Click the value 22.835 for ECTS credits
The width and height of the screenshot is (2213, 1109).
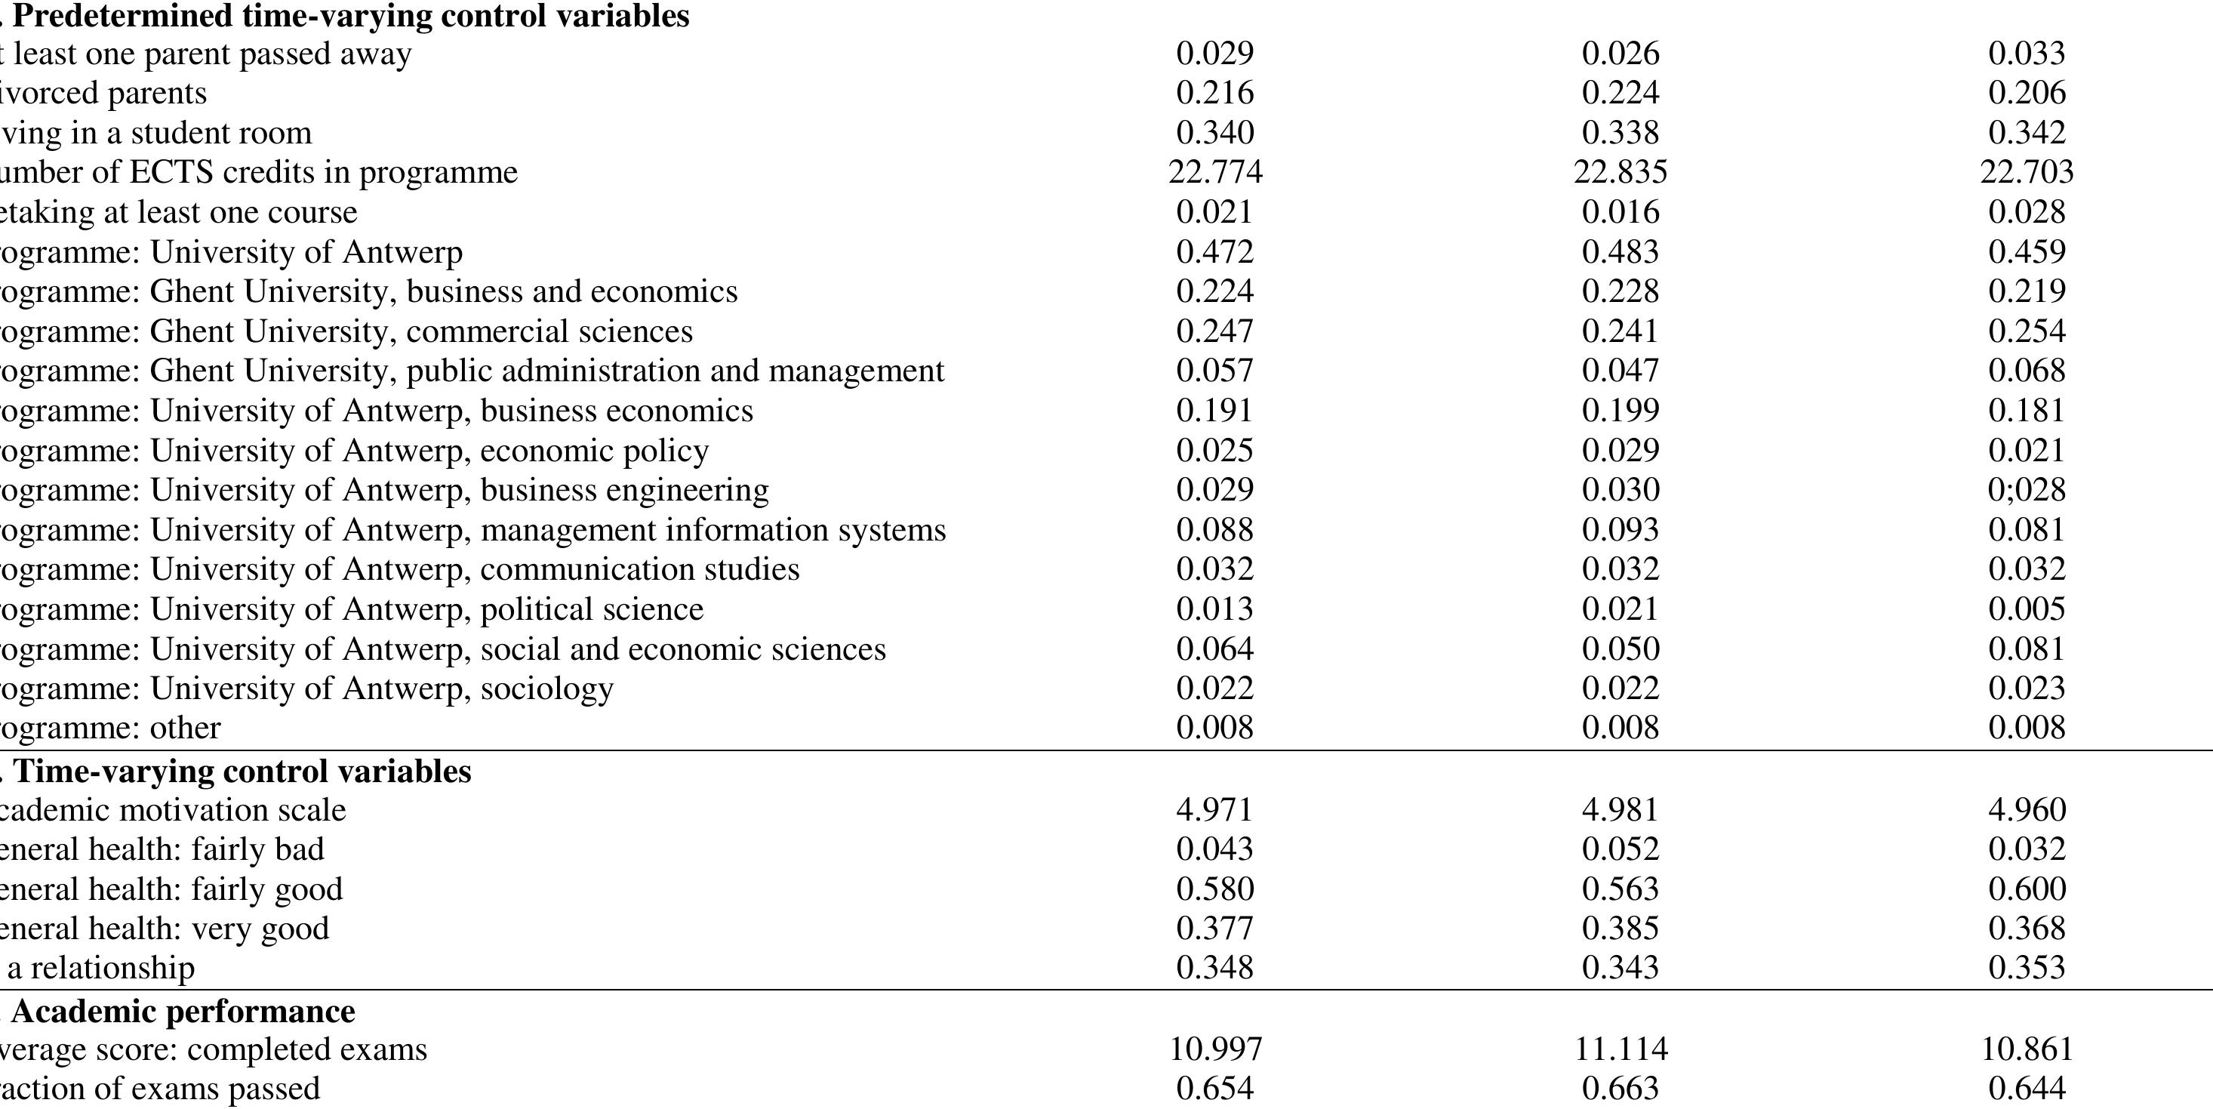coord(1621,172)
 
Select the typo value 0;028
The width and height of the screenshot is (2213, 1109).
coord(2027,490)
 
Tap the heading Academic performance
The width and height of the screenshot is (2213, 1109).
coord(182,1011)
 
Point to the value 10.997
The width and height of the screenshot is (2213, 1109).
coord(1214,1049)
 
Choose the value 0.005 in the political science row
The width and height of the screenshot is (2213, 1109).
coord(2027,609)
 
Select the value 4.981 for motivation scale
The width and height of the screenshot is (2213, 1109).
coord(1621,809)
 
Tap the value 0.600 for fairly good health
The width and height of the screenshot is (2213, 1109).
coord(2027,889)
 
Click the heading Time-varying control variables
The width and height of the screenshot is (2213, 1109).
coord(242,772)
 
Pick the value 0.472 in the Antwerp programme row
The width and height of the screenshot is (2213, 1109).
coord(1214,251)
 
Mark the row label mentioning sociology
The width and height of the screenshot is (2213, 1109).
coord(306,688)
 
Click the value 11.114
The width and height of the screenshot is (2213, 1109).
coord(1621,1049)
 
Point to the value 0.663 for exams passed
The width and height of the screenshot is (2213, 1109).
coord(1621,1089)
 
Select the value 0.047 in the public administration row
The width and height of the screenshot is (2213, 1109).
coord(1621,370)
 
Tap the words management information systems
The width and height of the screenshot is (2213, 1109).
coord(713,530)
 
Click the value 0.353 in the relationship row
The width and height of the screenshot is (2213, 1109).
coord(2027,967)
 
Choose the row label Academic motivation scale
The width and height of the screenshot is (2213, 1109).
coord(172,810)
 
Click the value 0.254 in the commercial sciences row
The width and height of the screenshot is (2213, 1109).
coord(2027,331)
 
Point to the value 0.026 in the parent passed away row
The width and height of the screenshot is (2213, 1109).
coord(1621,54)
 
